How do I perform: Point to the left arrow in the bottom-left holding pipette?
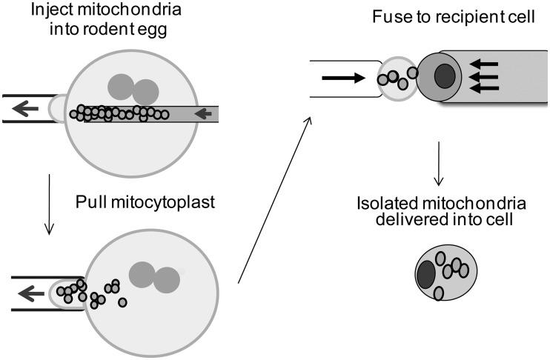[30, 293]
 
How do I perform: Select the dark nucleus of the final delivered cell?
[426, 275]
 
